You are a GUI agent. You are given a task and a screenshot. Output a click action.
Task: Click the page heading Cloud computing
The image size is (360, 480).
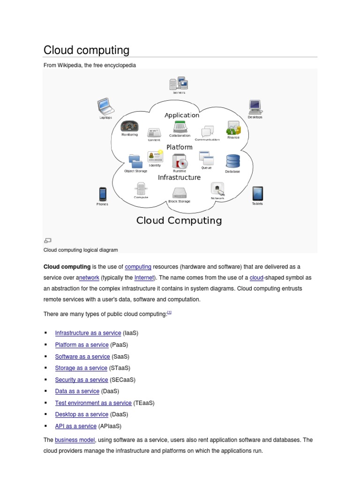click(86, 50)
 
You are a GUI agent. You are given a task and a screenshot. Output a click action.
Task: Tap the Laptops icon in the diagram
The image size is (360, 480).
click(105, 107)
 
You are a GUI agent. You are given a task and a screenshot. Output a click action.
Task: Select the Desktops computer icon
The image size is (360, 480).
click(255, 107)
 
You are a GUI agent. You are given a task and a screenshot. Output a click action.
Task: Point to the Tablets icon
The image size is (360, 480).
click(257, 193)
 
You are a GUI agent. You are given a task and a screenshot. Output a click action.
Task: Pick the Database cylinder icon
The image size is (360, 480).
click(232, 161)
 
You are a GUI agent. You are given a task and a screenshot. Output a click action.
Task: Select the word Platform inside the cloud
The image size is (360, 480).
click(179, 147)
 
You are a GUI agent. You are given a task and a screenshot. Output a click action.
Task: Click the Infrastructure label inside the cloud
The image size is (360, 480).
click(179, 178)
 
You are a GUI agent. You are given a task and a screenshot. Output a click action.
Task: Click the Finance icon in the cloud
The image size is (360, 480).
click(233, 127)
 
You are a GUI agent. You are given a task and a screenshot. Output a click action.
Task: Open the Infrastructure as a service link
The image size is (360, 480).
click(88, 333)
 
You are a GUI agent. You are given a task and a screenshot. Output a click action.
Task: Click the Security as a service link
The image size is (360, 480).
click(82, 380)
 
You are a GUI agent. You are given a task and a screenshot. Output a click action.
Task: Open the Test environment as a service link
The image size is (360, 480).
click(93, 403)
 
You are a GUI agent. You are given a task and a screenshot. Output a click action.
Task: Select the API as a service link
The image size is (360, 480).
click(75, 426)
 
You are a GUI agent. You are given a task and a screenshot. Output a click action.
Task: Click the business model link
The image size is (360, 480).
click(75, 440)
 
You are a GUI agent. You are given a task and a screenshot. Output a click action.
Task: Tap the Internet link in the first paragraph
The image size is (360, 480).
click(144, 278)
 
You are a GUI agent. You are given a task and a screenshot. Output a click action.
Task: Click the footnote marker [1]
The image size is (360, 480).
click(169, 312)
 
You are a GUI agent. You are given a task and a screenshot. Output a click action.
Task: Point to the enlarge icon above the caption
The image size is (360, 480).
click(47, 240)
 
